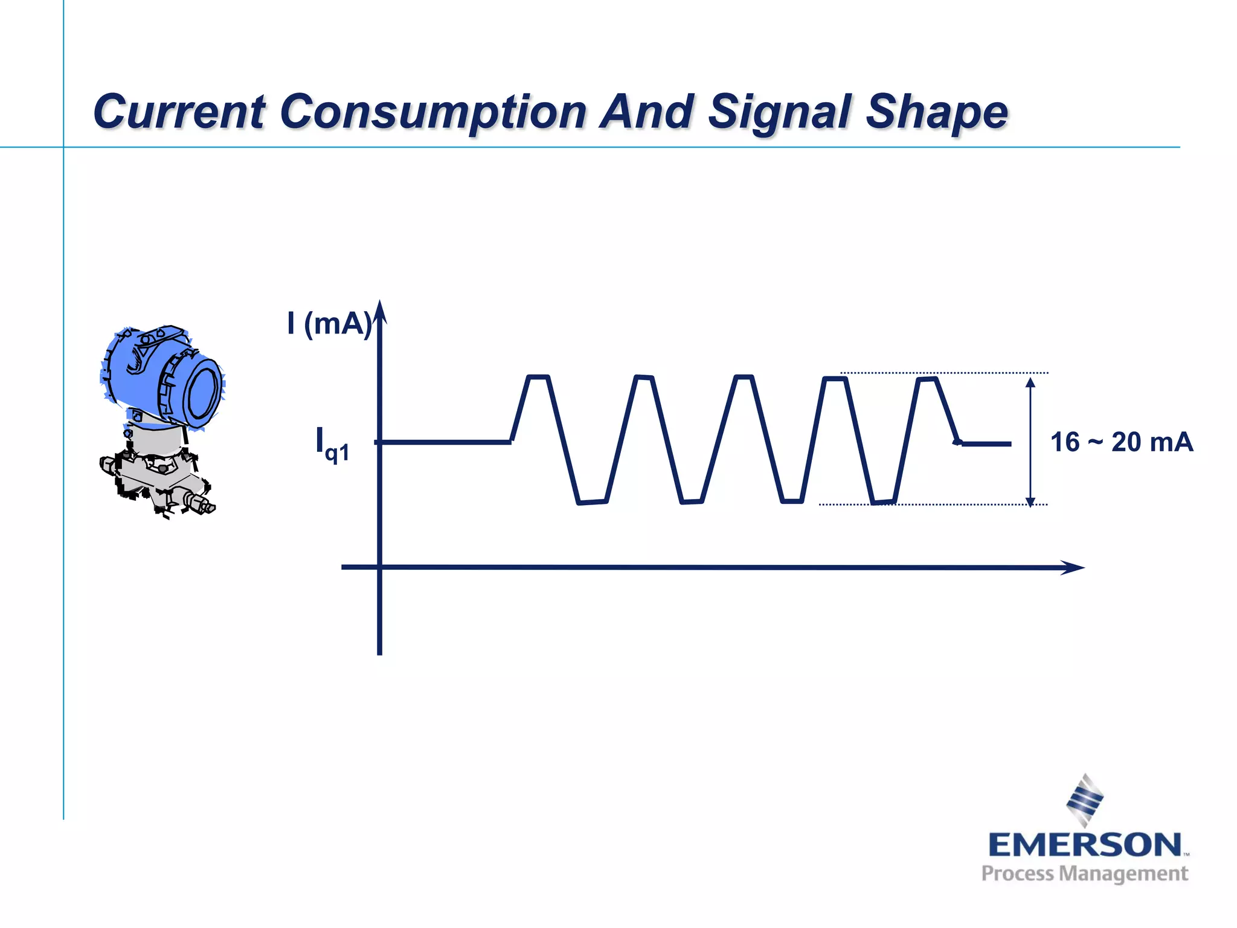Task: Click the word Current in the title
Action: tap(179, 112)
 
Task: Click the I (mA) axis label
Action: tap(329, 323)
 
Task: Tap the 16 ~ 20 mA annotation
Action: tap(1122, 442)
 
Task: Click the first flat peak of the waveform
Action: tap(538, 377)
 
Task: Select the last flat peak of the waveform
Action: tap(927, 379)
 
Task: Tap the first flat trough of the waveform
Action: tap(593, 502)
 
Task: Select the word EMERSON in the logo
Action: tap(1085, 845)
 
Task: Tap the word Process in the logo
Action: tap(1018, 874)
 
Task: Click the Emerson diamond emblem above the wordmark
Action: tap(1085, 799)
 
